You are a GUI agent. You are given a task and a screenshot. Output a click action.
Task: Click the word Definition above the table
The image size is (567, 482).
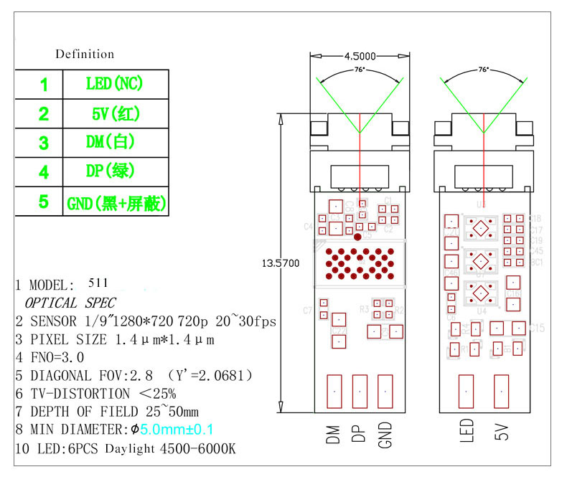pyautogui.click(x=85, y=54)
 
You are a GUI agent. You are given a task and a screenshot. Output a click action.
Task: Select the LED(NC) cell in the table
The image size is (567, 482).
pyautogui.click(x=115, y=83)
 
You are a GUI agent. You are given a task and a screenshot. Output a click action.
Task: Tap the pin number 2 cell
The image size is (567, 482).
pyautogui.click(x=44, y=113)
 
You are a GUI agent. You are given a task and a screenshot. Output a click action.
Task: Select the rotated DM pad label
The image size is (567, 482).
pyautogui.click(x=333, y=435)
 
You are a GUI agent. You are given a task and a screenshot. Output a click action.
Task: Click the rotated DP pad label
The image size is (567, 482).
pyautogui.click(x=360, y=434)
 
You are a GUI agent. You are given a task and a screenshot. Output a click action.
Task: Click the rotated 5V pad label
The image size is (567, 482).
pyautogui.click(x=501, y=433)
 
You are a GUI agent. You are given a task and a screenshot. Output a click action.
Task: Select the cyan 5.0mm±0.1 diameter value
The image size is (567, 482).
pyautogui.click(x=177, y=430)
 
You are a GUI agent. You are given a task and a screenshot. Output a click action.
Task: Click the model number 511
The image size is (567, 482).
pyautogui.click(x=98, y=283)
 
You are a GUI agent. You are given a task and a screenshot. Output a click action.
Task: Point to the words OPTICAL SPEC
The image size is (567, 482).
pyautogui.click(x=70, y=303)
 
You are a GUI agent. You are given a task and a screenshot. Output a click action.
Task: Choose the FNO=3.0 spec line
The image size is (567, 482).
pyautogui.click(x=57, y=356)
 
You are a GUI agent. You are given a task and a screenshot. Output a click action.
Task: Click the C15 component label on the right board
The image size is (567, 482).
pyautogui.click(x=537, y=328)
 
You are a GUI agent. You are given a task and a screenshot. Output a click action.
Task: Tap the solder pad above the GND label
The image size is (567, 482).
pyautogui.click(x=386, y=392)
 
